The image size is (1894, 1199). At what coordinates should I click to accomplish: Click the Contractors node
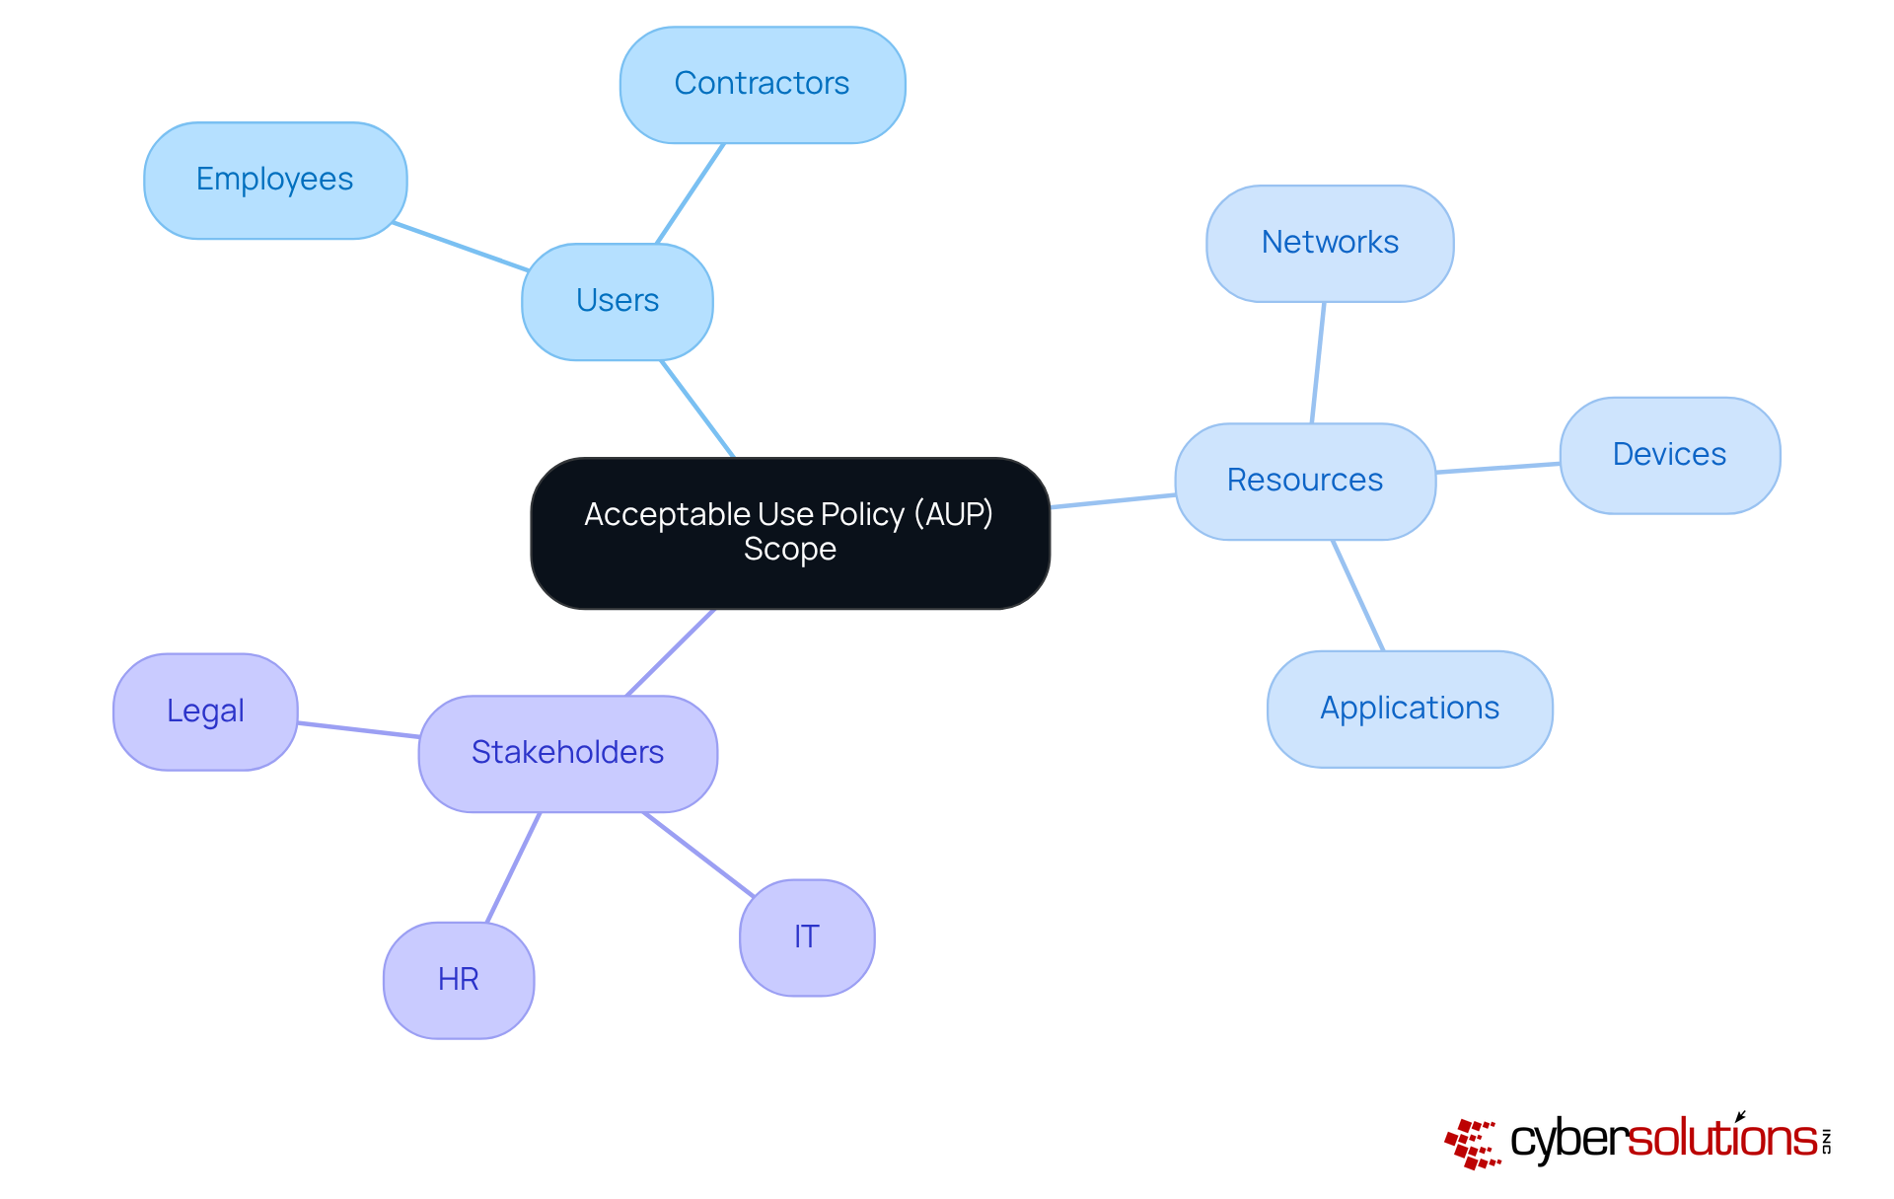[x=763, y=85]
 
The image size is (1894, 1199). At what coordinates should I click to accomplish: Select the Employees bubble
[x=275, y=181]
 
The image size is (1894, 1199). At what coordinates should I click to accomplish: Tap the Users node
[x=618, y=301]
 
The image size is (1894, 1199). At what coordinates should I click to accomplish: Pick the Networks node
[x=1330, y=243]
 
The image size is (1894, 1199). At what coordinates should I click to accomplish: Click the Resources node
[x=1305, y=481]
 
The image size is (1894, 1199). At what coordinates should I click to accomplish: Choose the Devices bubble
[x=1669, y=455]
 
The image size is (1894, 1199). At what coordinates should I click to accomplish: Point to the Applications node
[x=1410, y=709]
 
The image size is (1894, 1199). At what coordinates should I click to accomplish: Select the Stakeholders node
[x=568, y=753]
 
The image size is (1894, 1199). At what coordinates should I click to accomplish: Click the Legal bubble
[x=205, y=712]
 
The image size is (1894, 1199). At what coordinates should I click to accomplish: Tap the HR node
[x=459, y=980]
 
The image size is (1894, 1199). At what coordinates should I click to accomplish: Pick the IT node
[x=807, y=937]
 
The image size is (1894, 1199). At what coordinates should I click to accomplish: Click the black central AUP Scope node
[x=789, y=533]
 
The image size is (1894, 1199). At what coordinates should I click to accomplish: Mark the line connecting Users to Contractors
[x=691, y=193]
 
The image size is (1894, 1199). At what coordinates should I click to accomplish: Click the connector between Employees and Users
[x=461, y=247]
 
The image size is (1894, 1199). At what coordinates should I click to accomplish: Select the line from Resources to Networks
[x=1318, y=362]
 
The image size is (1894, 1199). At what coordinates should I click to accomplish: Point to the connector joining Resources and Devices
[x=1497, y=468]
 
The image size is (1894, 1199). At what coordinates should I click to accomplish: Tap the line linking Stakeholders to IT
[x=698, y=855]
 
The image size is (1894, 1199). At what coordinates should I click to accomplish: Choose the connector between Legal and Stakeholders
[x=358, y=730]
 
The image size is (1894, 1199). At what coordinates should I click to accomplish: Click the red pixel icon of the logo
[x=1473, y=1144]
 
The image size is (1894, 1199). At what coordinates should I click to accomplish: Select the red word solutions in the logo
[x=1722, y=1139]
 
